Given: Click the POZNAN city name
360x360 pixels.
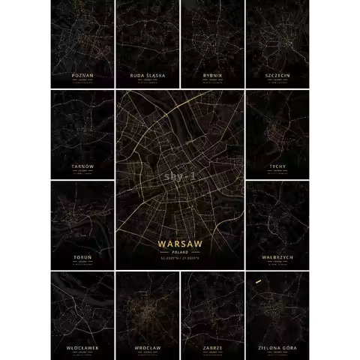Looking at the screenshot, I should [x=82, y=76].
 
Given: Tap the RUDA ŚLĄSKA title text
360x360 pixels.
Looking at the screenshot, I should [x=147, y=76].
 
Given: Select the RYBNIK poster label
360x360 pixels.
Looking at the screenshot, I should [x=212, y=76].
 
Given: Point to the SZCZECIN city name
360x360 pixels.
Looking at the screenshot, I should [x=277, y=76].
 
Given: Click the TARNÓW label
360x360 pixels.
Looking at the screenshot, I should [x=82, y=166].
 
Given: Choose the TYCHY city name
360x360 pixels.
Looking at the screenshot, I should [x=277, y=166].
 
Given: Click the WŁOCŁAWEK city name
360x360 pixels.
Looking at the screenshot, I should [x=82, y=348].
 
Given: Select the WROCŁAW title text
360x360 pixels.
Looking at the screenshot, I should [x=147, y=348].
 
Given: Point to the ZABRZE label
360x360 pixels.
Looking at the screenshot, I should [x=212, y=348].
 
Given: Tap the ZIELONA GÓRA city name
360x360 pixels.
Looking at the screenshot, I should [x=277, y=348].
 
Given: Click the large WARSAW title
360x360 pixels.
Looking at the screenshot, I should [x=180, y=244].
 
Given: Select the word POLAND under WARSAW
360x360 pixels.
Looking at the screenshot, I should [x=180, y=253].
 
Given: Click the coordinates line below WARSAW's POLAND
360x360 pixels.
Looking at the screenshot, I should [x=180, y=259].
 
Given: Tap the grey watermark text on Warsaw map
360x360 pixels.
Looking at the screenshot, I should [x=180, y=177].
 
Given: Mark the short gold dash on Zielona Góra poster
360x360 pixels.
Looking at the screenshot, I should [x=258, y=282].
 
